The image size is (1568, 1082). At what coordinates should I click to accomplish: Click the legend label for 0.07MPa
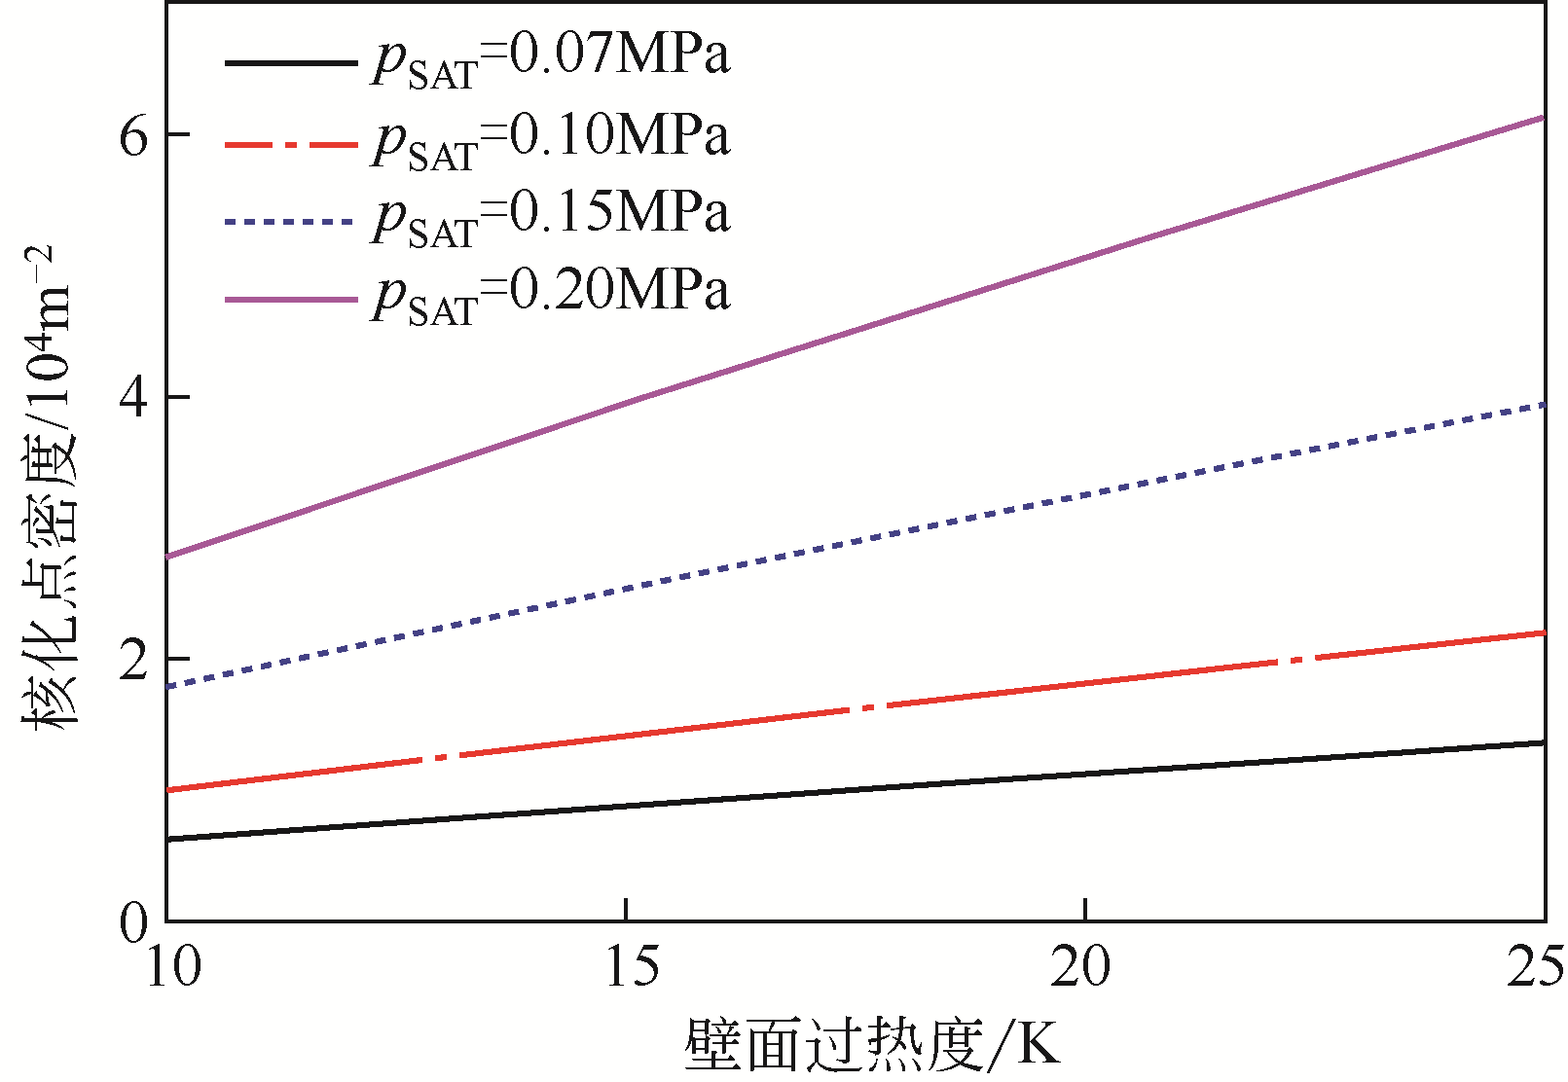tap(550, 59)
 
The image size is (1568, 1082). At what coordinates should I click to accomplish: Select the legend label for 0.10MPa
tap(550, 139)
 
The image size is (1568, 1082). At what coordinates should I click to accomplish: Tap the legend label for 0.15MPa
tap(550, 217)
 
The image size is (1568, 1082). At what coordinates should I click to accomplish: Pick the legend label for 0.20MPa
tap(550, 295)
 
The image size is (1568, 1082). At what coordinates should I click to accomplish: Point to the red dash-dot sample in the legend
tap(290, 144)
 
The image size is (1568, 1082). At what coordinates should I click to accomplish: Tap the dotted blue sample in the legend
tap(290, 222)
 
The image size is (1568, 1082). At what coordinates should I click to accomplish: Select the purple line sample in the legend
tap(290, 300)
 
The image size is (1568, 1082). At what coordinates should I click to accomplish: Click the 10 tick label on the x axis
tap(173, 968)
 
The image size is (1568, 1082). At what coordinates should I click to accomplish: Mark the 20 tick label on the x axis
tap(1082, 968)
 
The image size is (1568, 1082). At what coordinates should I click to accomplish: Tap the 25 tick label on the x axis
tap(1535, 968)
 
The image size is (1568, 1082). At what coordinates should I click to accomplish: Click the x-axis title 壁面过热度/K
tap(871, 1046)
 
